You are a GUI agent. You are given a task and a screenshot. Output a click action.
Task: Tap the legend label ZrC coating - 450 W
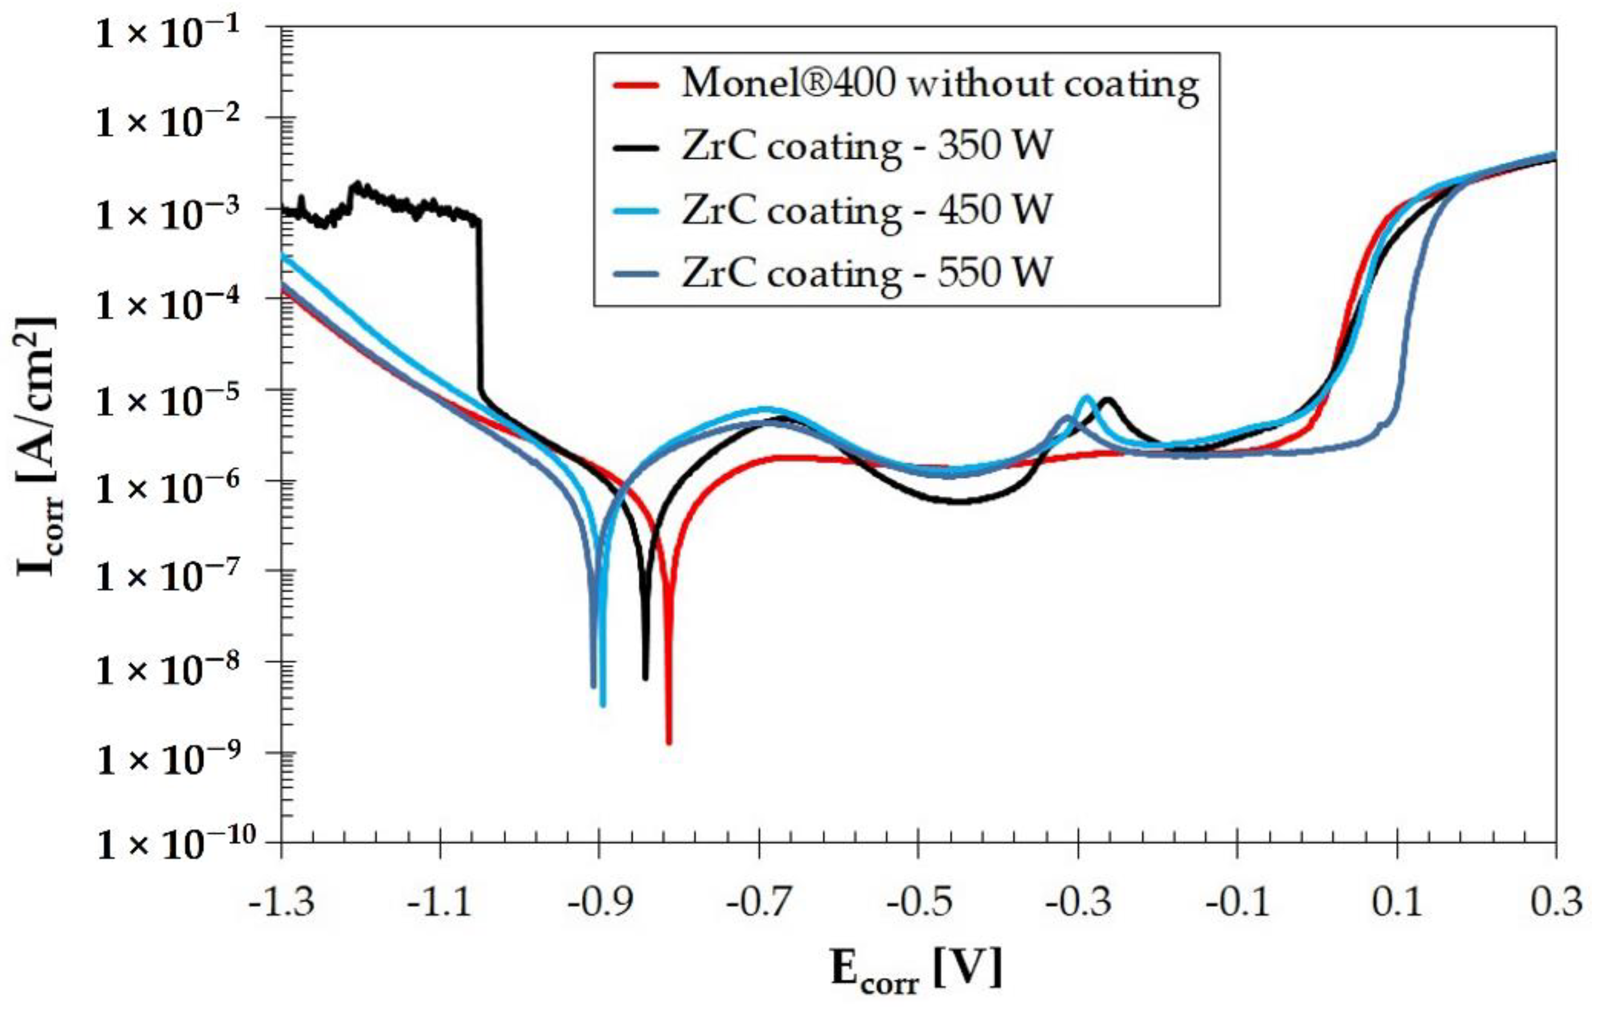(867, 210)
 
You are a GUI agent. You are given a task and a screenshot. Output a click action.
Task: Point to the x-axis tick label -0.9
(599, 903)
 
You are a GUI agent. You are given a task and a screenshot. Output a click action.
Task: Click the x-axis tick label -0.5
(918, 903)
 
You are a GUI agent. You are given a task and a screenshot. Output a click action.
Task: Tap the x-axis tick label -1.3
(281, 903)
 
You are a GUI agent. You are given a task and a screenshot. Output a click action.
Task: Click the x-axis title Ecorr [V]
(917, 970)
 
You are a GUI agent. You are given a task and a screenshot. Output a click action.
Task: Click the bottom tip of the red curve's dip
(669, 742)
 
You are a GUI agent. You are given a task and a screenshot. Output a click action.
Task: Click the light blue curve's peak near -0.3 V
(1087, 397)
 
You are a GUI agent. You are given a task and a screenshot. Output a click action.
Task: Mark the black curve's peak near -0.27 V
(1107, 399)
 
